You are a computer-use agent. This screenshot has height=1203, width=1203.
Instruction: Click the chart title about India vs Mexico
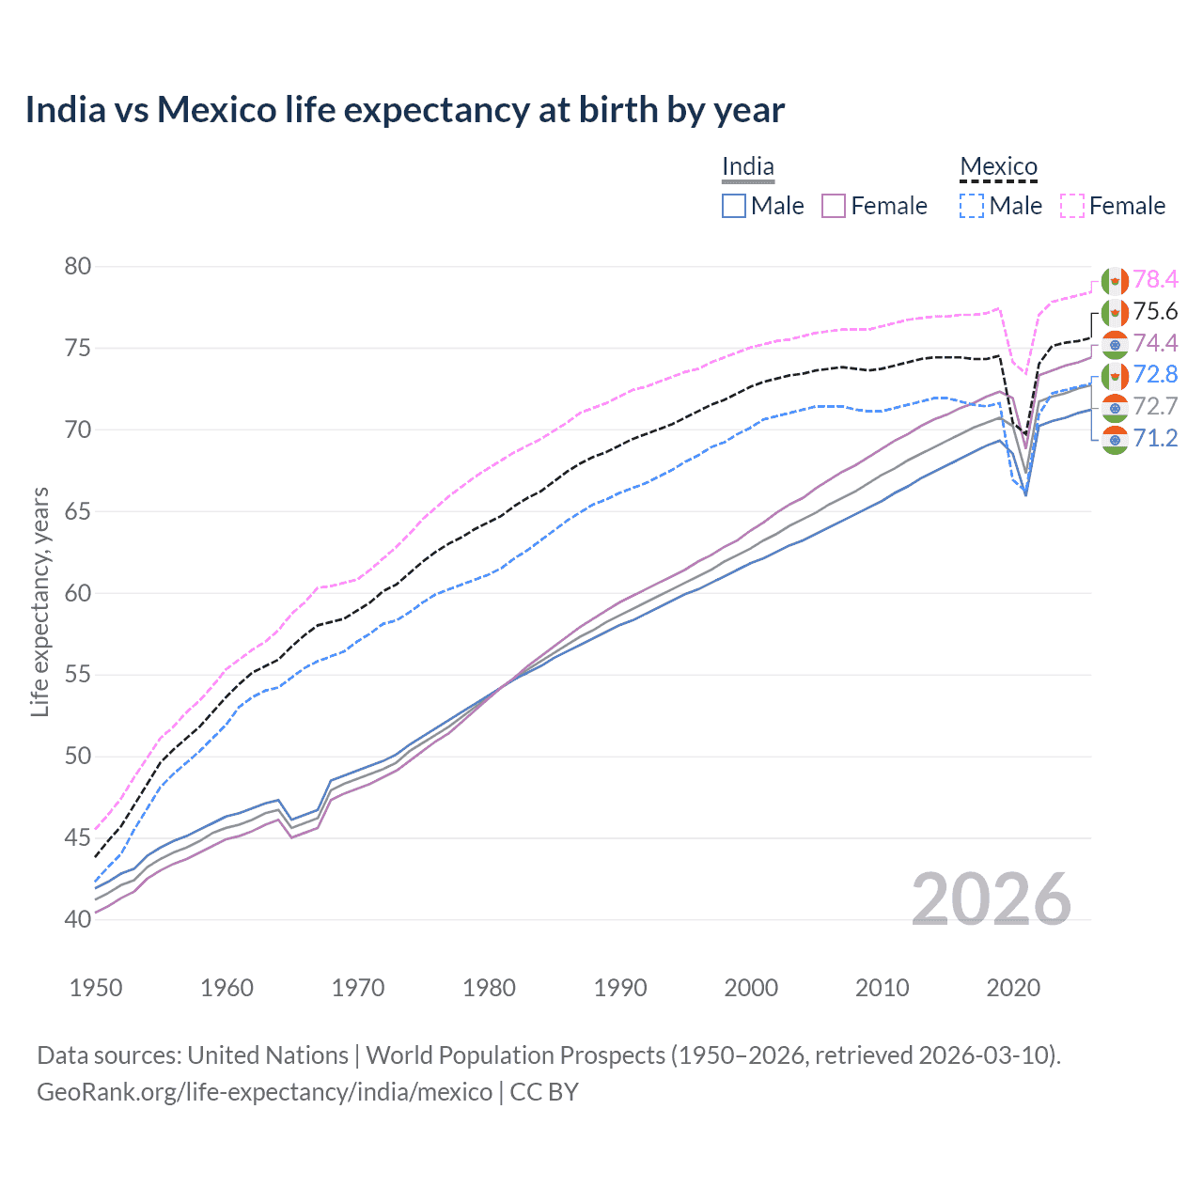coord(404,110)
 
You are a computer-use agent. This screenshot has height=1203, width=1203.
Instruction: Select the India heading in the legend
coord(748,167)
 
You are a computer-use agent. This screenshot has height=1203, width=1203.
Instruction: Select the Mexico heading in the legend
coord(998,167)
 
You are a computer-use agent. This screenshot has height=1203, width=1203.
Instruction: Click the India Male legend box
coord(734,206)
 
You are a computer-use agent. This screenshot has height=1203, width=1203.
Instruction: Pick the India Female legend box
coord(834,206)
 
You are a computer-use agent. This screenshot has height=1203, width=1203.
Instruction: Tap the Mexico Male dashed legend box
coord(972,206)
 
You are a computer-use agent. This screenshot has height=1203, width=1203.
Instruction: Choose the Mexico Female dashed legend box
coord(1072,206)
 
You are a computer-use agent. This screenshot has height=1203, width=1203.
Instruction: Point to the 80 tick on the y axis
coord(78,267)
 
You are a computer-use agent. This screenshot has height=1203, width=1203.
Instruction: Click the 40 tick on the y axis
coord(78,919)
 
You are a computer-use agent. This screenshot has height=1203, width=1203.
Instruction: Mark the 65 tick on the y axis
coord(78,512)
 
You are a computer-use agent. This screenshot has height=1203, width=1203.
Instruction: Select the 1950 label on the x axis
coord(96,988)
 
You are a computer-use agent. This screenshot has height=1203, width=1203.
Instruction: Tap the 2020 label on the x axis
coord(1013,988)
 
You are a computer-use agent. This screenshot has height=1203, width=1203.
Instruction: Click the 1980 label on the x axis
coord(489,988)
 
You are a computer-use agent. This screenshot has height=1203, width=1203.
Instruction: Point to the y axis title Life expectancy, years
coord(39,601)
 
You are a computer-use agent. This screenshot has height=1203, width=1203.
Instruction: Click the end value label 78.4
coord(1155,279)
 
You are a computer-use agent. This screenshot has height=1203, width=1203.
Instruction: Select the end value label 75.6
coord(1155,311)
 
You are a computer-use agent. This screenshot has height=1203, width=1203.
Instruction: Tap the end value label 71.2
coord(1155,438)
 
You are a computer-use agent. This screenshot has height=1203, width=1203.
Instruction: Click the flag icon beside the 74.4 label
coord(1115,344)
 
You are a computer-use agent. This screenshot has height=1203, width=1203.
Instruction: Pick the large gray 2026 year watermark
coord(991,900)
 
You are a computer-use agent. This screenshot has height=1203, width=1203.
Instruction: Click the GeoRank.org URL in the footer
coord(264,1092)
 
